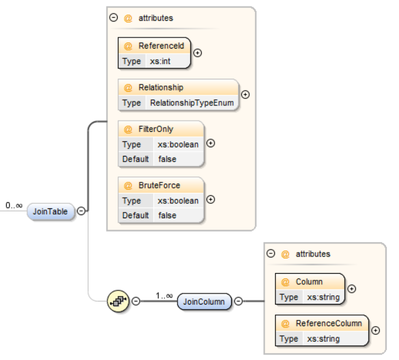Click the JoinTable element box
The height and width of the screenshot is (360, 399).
click(50, 212)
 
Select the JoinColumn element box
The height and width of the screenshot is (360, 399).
click(204, 302)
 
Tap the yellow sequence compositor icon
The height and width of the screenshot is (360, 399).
click(118, 301)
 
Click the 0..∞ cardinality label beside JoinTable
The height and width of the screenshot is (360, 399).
click(14, 205)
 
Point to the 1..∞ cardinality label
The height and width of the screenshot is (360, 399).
click(164, 296)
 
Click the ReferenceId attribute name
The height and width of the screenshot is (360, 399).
click(161, 46)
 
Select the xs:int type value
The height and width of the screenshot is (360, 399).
click(160, 61)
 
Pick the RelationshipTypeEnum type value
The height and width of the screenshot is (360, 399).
click(192, 103)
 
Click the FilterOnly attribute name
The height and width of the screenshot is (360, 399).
click(156, 129)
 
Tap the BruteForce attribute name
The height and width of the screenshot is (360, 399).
click(159, 186)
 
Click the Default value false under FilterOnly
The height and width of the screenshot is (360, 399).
click(167, 159)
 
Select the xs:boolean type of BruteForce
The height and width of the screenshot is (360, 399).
click(178, 200)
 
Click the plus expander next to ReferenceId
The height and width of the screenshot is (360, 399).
click(198, 53)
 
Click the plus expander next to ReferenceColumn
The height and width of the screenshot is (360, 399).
click(376, 330)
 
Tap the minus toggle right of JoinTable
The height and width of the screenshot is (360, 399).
click(81, 211)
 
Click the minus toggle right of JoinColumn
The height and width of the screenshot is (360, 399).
click(238, 301)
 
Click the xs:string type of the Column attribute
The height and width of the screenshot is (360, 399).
click(323, 297)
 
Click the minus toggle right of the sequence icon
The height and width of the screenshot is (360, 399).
click(136, 301)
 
